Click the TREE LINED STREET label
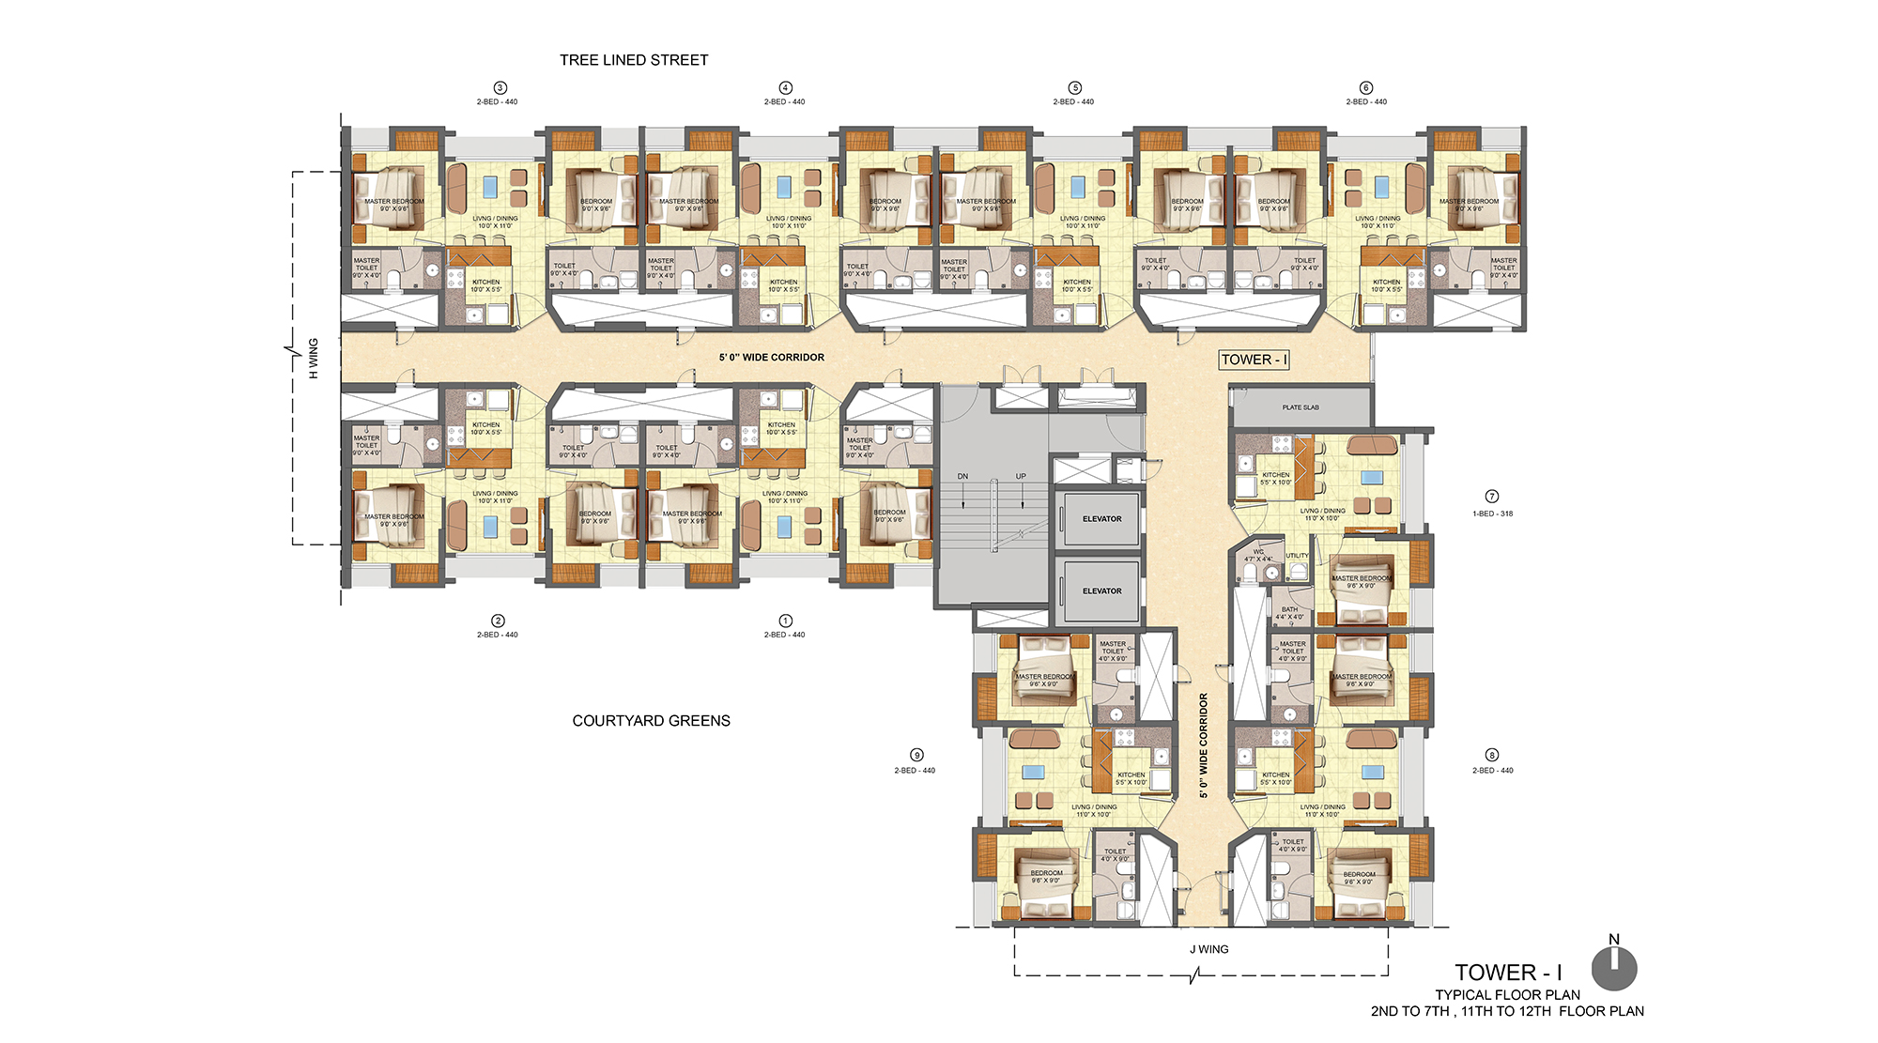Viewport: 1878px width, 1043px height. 634,60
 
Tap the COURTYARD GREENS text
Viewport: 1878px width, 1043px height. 651,721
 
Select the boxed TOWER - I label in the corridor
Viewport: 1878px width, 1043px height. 1254,360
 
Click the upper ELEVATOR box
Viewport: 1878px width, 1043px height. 1101,518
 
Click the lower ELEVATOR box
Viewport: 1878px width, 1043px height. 1101,591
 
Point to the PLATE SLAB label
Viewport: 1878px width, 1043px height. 1301,407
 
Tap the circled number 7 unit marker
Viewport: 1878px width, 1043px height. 1492,497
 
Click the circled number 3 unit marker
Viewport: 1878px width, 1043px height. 500,87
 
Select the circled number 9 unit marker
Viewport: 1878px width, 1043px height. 916,755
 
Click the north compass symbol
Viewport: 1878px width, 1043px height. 1614,968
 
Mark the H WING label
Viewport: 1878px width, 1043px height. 314,359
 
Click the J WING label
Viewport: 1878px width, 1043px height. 1208,949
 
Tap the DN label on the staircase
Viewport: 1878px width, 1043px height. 962,476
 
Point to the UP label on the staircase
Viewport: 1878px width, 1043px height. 1021,476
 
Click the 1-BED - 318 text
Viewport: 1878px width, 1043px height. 1492,514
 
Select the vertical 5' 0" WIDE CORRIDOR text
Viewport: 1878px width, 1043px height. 1203,745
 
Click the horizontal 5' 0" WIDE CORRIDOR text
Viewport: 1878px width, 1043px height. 772,358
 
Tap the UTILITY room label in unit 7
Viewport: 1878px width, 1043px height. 1297,556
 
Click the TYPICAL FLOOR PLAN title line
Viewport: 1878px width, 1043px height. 1507,994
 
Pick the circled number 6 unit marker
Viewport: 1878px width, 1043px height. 1366,87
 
